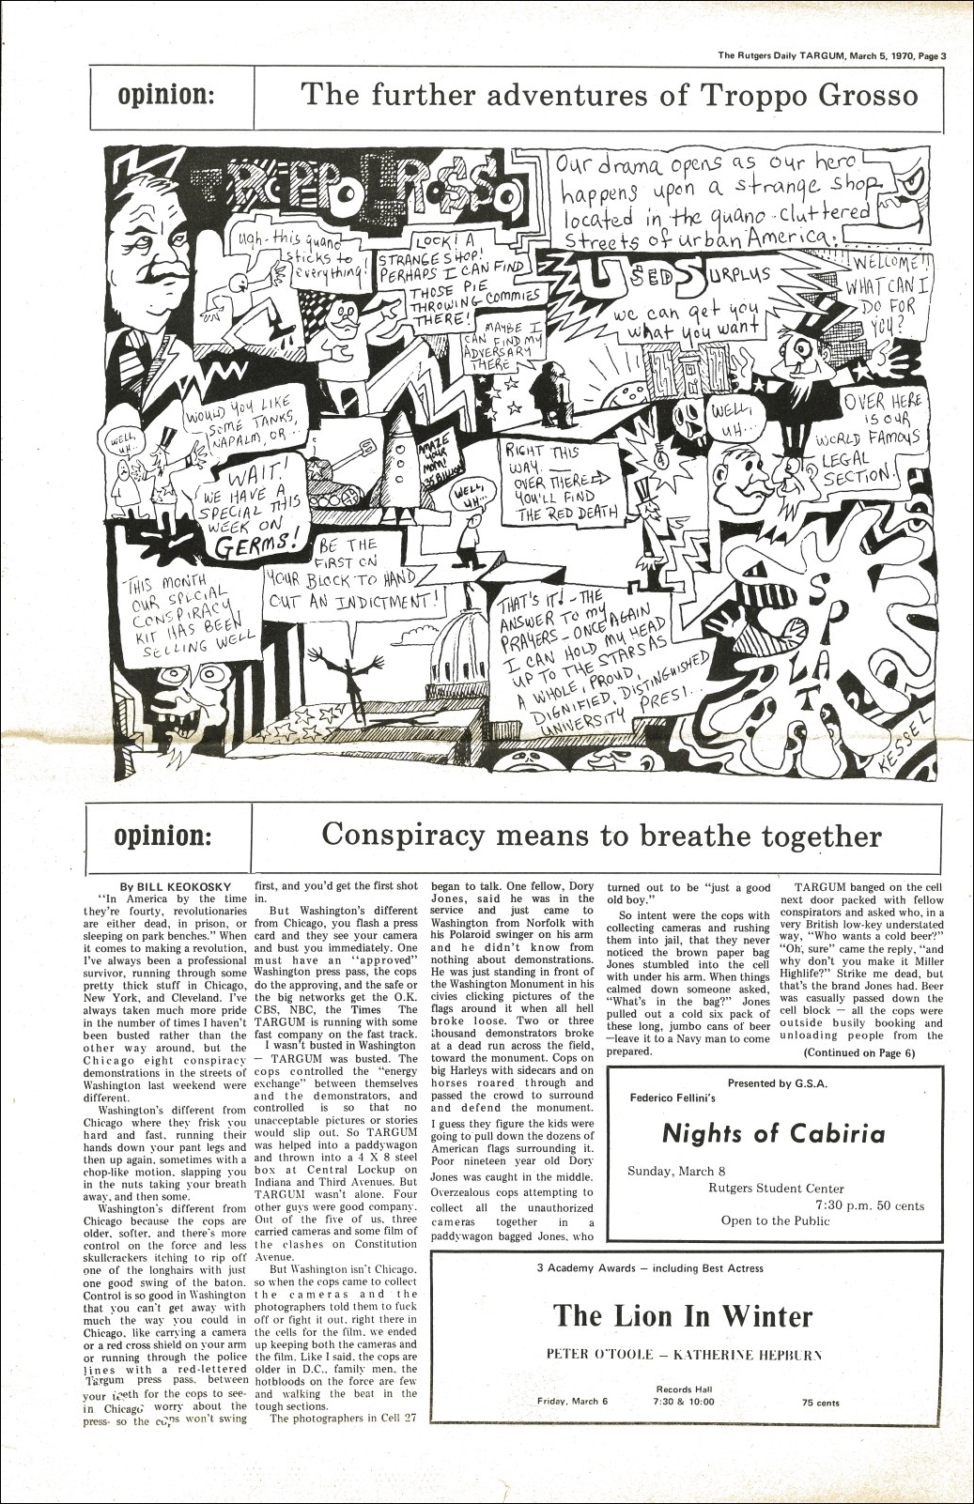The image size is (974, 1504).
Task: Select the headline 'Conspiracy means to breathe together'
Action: click(601, 835)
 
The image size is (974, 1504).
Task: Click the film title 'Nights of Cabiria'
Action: click(773, 1132)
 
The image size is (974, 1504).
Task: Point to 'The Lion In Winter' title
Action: click(683, 1315)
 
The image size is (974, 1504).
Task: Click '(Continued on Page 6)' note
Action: click(858, 1052)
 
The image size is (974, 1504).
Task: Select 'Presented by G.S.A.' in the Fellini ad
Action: click(779, 1082)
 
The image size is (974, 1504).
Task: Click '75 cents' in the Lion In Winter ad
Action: click(821, 1403)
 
